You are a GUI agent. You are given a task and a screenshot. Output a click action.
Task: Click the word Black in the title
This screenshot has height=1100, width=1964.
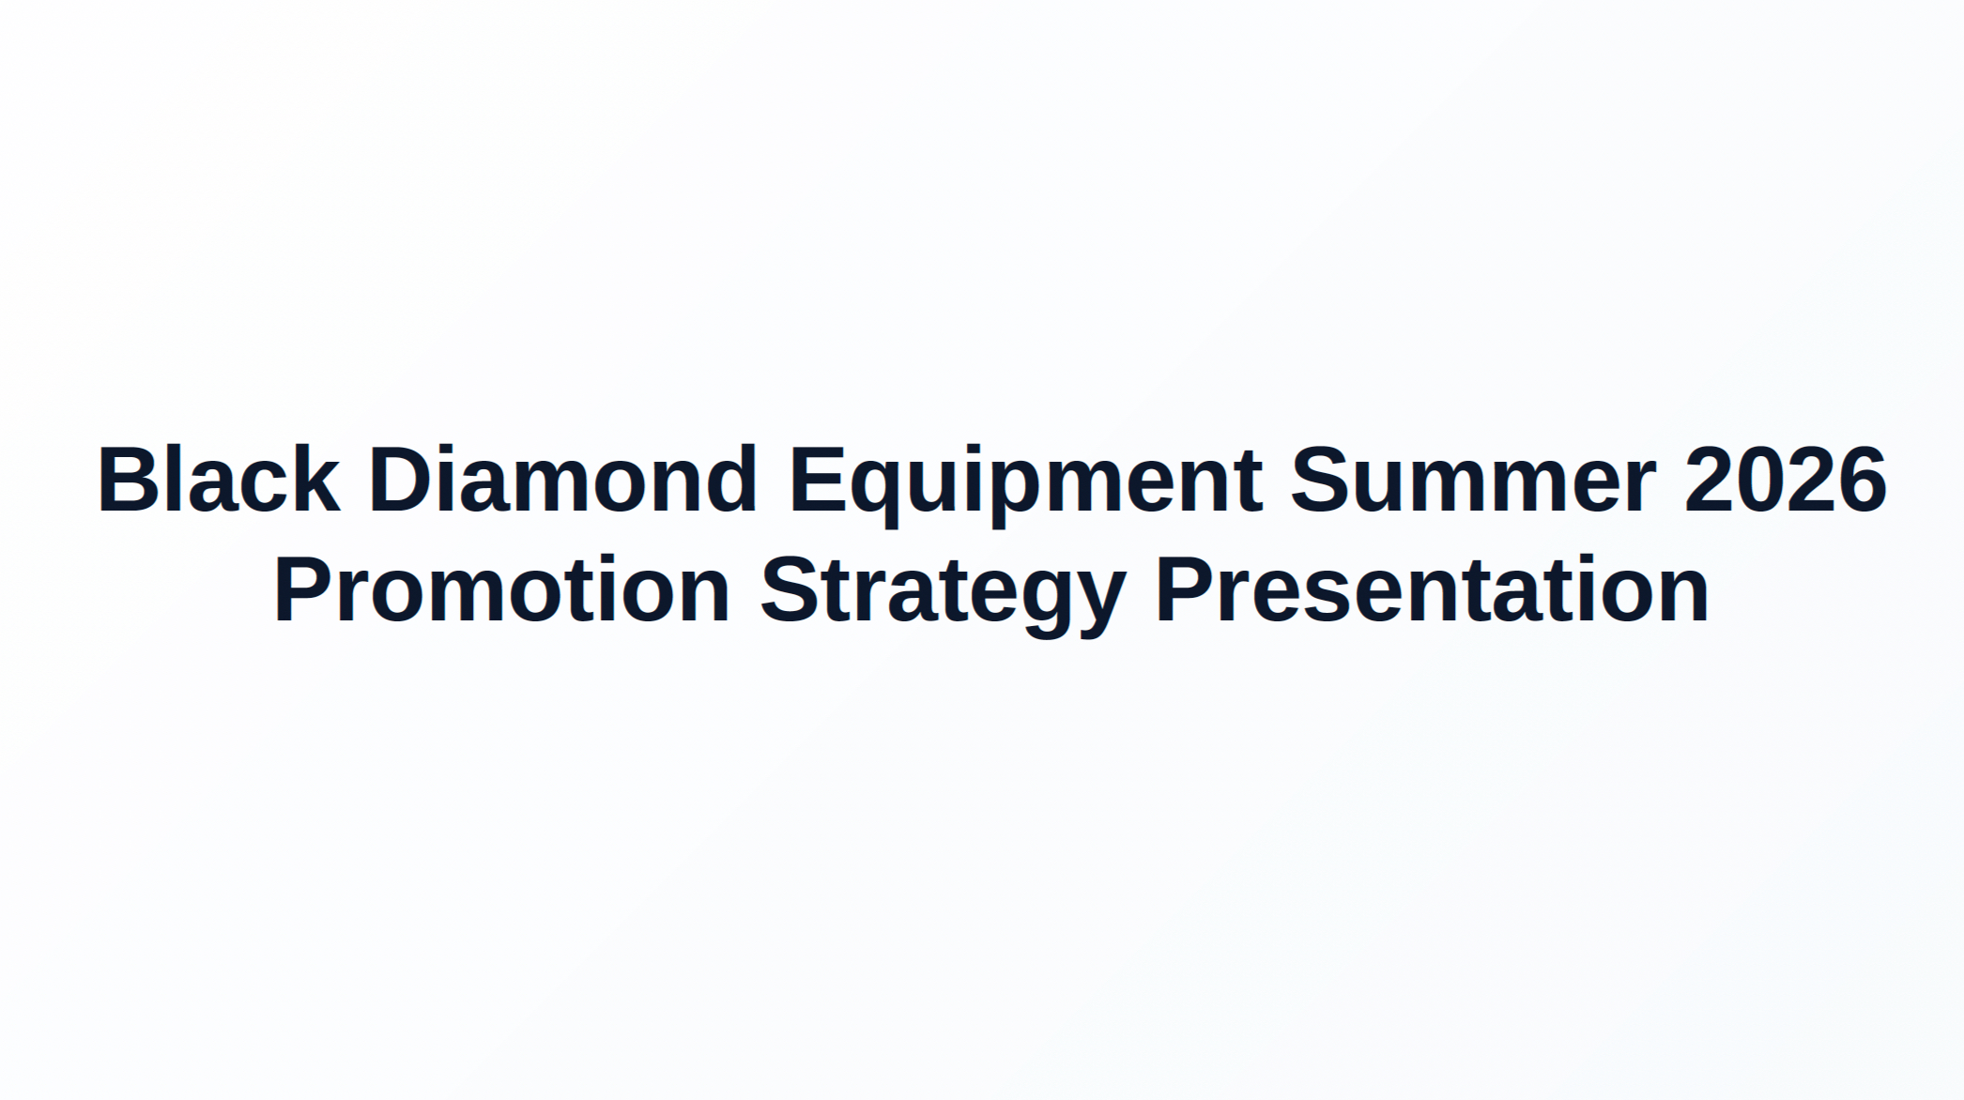pos(218,481)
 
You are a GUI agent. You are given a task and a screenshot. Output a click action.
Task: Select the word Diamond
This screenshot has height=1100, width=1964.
pos(561,481)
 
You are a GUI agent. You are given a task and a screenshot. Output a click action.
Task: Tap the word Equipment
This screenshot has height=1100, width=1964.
pos(1025,481)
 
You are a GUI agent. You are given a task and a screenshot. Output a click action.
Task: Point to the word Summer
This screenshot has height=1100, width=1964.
pos(1472,481)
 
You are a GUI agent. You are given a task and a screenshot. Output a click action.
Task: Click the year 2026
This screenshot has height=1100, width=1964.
pos(1785,481)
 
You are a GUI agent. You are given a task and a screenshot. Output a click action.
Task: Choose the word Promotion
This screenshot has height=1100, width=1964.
pos(501,590)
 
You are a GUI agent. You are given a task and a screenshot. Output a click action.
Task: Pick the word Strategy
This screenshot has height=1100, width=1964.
pos(942,590)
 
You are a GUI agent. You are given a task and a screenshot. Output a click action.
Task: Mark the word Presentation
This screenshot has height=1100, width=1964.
pos(1432,590)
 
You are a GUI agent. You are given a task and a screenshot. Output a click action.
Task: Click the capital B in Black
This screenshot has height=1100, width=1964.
pos(127,481)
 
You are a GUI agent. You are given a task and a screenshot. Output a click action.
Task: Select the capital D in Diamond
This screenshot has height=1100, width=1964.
pos(400,481)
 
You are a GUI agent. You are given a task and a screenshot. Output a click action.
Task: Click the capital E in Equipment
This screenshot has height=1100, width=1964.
pos(816,481)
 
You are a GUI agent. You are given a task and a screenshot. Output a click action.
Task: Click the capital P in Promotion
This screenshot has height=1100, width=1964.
pos(302,590)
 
